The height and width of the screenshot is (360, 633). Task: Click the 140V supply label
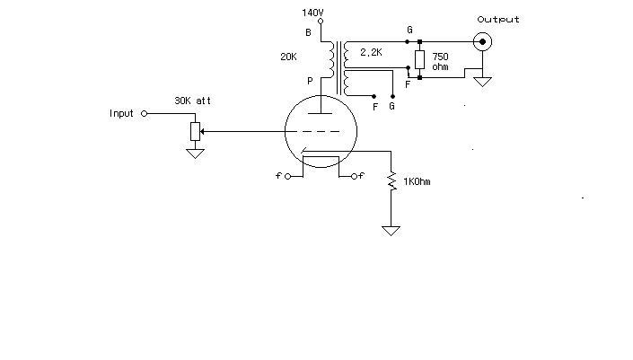coord(312,13)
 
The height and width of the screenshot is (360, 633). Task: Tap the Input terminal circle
coord(145,114)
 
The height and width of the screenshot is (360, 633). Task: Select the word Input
coord(121,113)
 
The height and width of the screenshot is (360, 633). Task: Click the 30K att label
coord(192,101)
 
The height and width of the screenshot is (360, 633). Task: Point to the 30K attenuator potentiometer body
coord(196,132)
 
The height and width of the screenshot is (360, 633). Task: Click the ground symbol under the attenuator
coord(196,154)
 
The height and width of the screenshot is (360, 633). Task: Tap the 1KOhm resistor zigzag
coord(391,181)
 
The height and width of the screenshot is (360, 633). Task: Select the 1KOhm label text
coord(417,181)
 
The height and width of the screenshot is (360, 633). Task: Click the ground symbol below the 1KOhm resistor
coord(391,231)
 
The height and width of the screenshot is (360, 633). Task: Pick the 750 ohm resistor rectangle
coord(420,60)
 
